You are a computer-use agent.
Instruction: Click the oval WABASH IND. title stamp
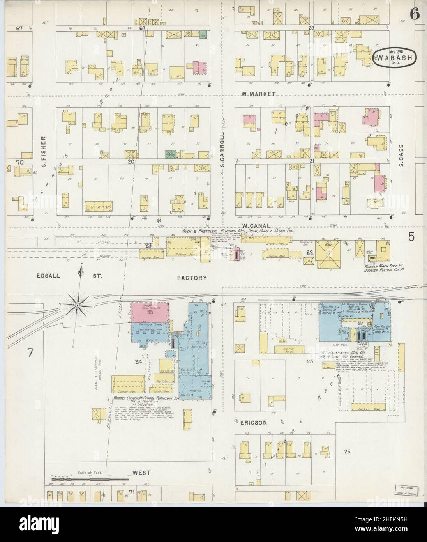(x=394, y=58)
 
